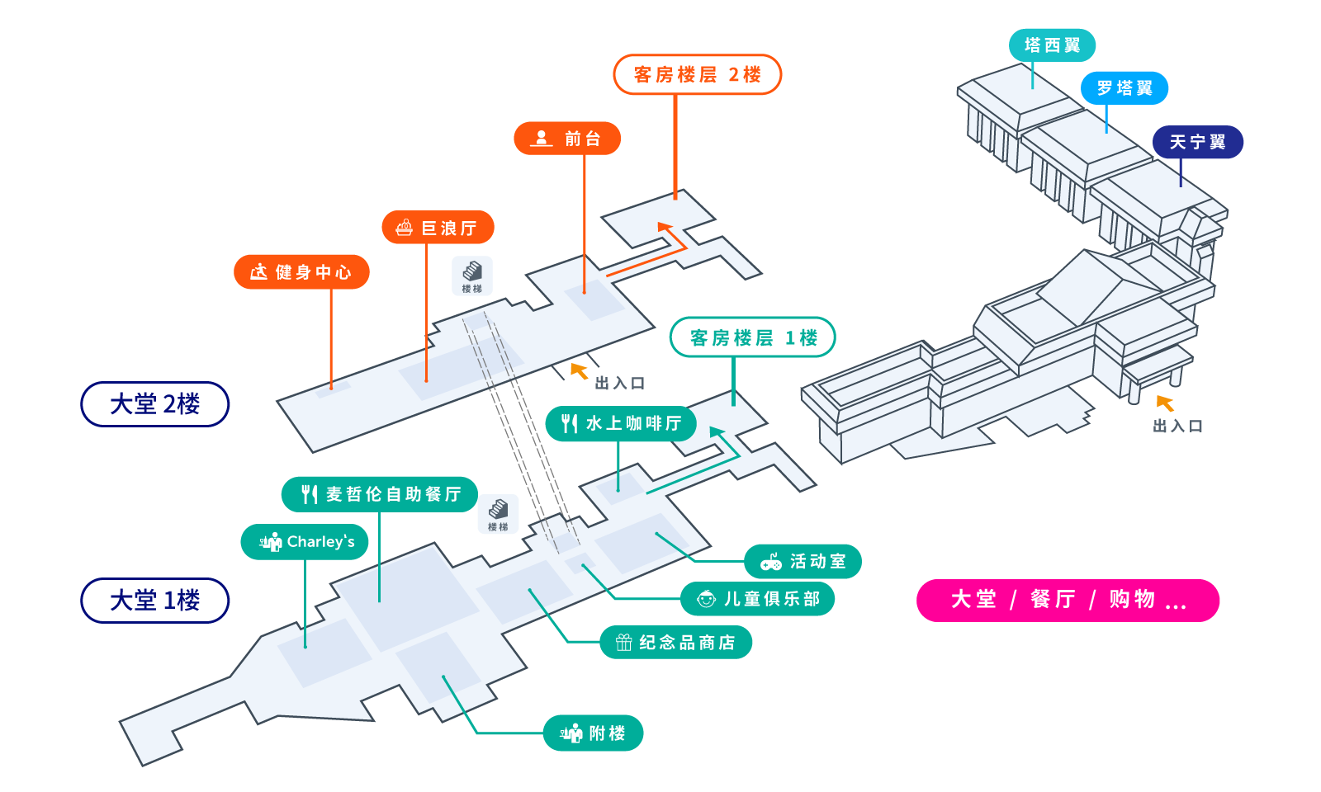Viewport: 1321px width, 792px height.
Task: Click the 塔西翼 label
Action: click(x=1052, y=45)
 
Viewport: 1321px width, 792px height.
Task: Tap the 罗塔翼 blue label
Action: click(x=1124, y=88)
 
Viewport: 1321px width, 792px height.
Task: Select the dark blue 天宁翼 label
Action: click(x=1198, y=142)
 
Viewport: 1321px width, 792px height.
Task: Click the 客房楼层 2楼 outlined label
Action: click(x=698, y=75)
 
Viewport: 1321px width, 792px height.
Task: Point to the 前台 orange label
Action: click(x=567, y=139)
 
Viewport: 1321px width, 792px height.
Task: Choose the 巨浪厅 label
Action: click(x=438, y=228)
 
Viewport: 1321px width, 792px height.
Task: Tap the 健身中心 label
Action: click(x=301, y=272)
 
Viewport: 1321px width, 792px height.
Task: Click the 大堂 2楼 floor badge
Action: click(x=155, y=404)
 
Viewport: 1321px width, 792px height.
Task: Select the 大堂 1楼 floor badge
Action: click(x=155, y=601)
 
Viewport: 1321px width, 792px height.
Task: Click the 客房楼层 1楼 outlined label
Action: click(x=753, y=337)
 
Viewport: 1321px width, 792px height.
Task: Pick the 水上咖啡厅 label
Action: click(x=621, y=424)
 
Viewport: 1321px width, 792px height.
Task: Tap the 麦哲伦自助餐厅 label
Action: click(x=380, y=494)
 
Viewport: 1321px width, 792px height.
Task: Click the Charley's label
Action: click(x=305, y=541)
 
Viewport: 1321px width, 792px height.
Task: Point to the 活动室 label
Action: click(x=803, y=562)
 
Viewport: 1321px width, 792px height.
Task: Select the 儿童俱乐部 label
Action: click(x=758, y=599)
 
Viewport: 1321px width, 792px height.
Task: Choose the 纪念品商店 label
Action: click(x=676, y=643)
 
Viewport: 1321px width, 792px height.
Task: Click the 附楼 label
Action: click(x=594, y=733)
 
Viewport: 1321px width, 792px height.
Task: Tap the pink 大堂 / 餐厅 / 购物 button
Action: click(x=1068, y=601)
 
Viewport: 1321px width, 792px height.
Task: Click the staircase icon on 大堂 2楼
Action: click(x=472, y=276)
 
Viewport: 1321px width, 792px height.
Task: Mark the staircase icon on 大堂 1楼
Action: click(x=499, y=514)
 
